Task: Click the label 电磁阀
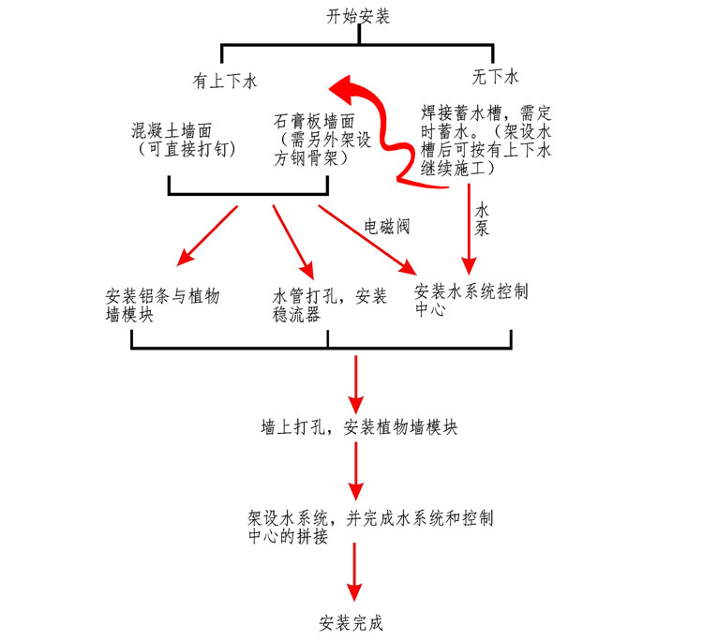[389, 226]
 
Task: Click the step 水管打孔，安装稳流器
[322, 306]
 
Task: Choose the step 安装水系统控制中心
[471, 300]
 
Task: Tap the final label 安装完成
[351, 623]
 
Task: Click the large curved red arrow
[384, 122]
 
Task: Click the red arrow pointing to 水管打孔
[292, 237]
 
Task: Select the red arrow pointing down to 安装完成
[354, 574]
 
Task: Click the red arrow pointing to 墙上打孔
[355, 380]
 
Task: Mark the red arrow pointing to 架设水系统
[355, 472]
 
